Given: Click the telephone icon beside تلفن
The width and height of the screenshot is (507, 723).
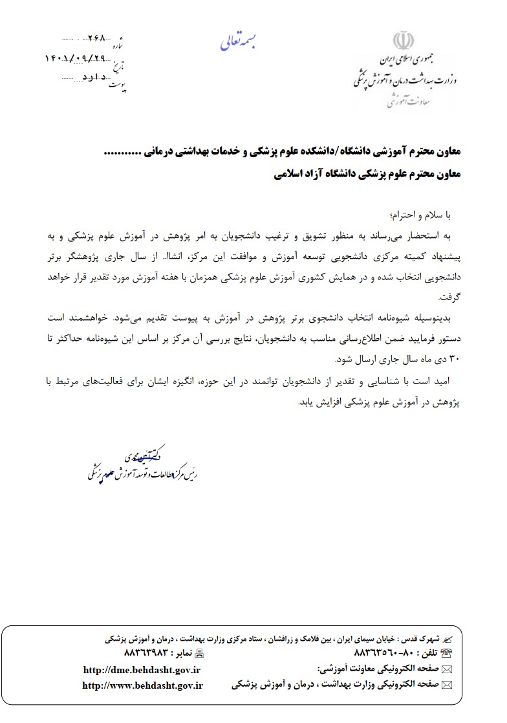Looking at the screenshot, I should point(446,653).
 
